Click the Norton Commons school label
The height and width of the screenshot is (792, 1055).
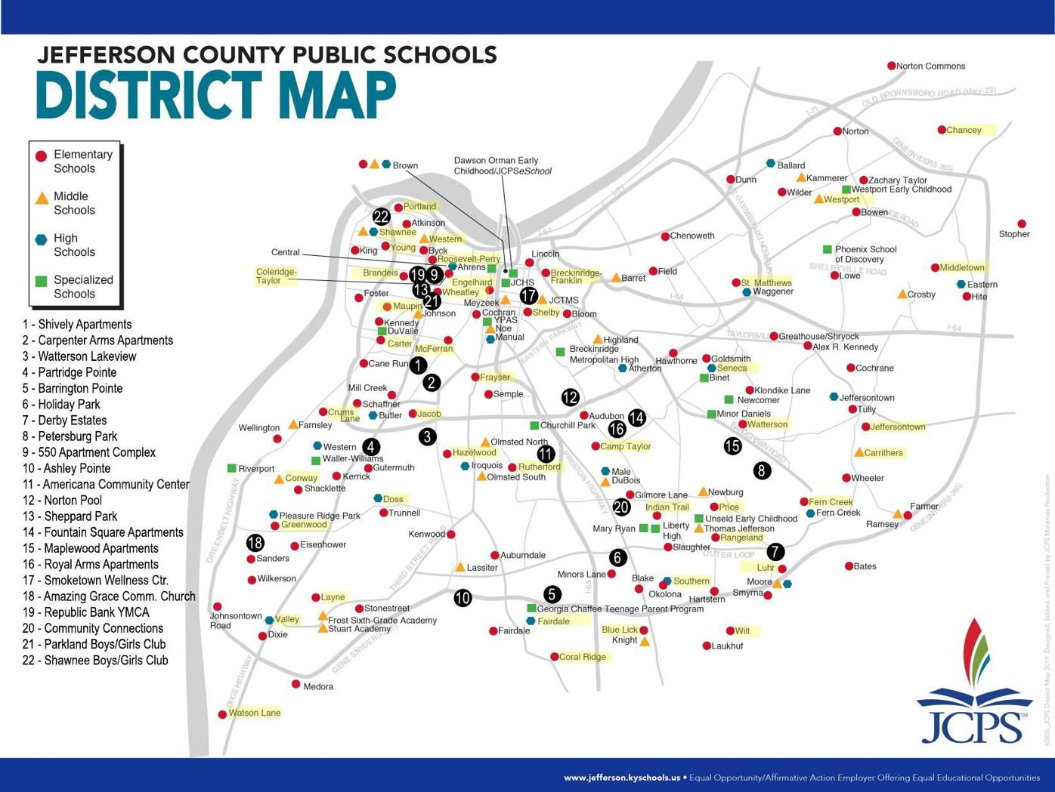point(930,66)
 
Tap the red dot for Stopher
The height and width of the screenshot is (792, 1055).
point(1022,223)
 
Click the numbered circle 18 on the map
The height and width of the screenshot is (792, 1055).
point(255,542)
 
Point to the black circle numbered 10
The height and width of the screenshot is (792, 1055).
point(463,598)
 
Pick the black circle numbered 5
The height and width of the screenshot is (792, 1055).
point(552,594)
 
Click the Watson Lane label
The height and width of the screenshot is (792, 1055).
point(254,713)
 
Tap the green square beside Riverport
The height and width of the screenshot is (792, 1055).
point(232,469)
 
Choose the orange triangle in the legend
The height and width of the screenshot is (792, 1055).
point(42,198)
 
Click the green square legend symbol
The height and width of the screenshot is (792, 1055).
point(42,281)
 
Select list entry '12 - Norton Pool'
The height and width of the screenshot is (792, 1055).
point(62,501)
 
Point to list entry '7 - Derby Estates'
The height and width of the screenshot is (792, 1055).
point(64,421)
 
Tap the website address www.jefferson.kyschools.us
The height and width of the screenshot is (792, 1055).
point(621,778)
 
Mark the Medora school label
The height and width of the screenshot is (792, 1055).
point(318,687)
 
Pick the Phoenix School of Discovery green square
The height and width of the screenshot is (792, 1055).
point(828,249)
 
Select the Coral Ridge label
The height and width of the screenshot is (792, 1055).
point(582,657)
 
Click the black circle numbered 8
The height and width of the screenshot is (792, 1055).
point(762,471)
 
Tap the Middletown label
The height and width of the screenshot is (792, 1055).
point(962,267)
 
